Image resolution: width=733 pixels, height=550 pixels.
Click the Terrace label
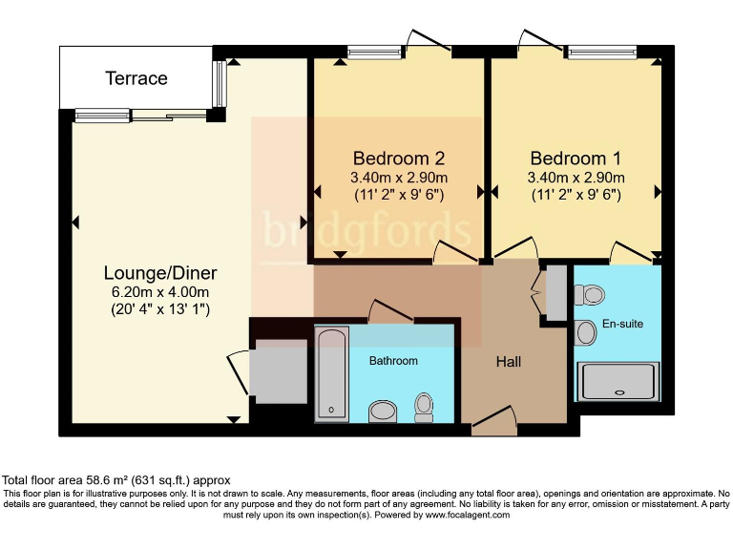pos(136,78)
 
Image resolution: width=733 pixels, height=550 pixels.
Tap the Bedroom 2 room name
pos(399,159)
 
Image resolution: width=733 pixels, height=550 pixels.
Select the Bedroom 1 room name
pos(576,159)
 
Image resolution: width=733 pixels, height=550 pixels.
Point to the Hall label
pos(509,362)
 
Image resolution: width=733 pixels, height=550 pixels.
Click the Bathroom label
pos(393,361)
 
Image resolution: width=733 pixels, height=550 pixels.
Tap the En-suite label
pos(622,324)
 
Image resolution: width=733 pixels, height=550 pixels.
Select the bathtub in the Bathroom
pos(332,373)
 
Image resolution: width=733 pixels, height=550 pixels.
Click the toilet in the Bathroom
pos(424,408)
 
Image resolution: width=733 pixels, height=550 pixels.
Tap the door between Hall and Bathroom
pos(389,311)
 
